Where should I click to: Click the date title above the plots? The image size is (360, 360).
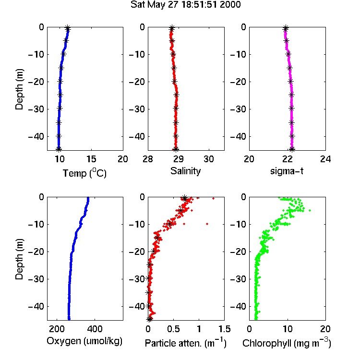(x=185, y=4)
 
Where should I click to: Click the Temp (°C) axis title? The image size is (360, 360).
(x=84, y=173)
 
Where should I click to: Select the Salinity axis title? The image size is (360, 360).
(x=185, y=171)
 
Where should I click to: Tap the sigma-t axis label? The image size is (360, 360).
(x=287, y=171)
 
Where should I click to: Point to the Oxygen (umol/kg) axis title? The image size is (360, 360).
(x=84, y=341)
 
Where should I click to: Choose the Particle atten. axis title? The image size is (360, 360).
(x=186, y=343)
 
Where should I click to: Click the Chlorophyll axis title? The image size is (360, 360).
(x=287, y=343)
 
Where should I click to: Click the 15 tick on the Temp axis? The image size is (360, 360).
(x=91, y=159)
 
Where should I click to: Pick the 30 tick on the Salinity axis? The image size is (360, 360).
(x=209, y=159)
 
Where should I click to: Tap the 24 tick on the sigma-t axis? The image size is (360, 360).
(x=325, y=159)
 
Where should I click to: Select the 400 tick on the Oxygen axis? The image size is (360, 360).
(x=95, y=329)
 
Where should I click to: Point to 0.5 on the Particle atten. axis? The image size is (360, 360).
(x=173, y=329)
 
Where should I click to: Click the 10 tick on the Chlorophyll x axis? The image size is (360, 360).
(x=288, y=329)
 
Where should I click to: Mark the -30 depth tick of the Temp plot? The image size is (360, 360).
(x=36, y=109)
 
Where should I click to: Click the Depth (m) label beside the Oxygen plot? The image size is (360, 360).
(x=20, y=259)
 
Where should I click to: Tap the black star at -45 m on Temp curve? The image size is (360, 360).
(x=59, y=149)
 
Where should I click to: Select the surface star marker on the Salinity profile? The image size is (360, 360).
(x=172, y=28)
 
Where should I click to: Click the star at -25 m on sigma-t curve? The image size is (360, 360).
(x=291, y=95)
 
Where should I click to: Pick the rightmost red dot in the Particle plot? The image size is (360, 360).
(x=213, y=198)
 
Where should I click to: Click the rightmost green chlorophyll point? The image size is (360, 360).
(x=310, y=210)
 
